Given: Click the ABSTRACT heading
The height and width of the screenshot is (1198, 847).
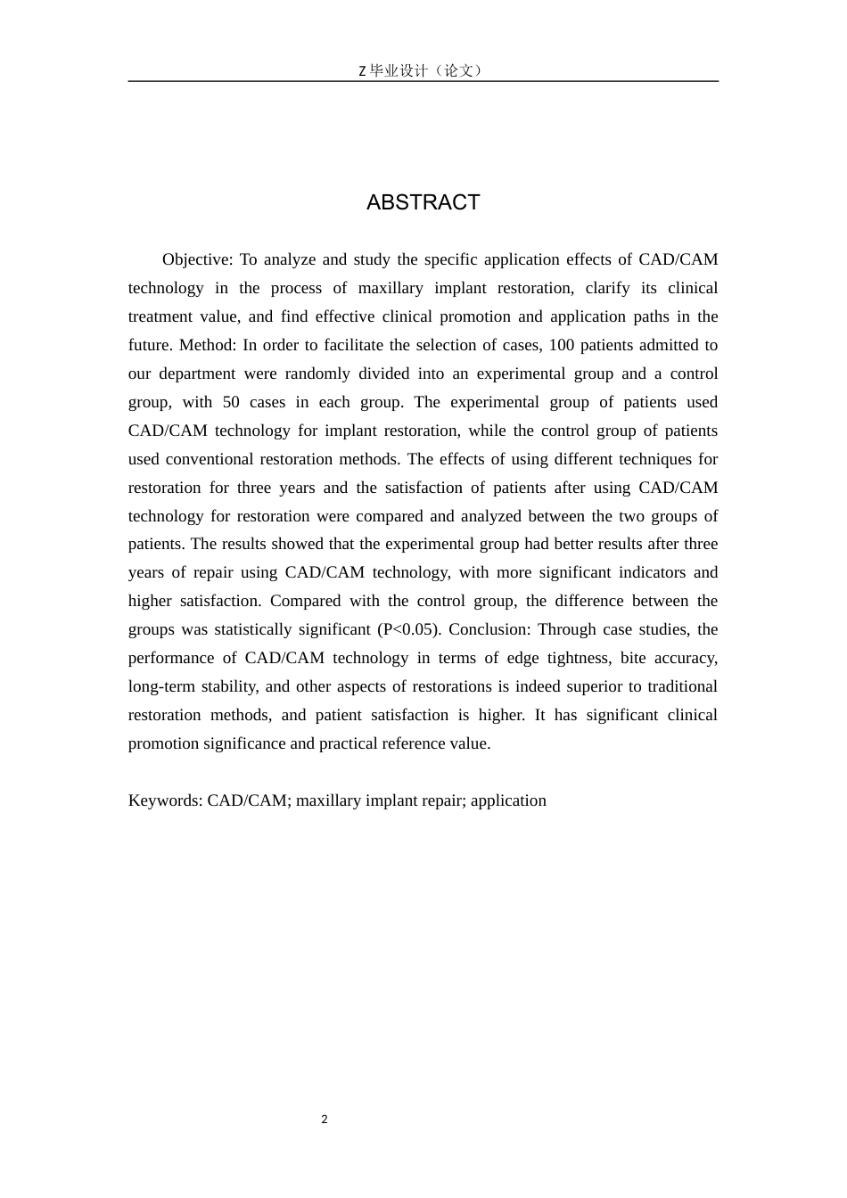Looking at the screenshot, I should pos(423,202).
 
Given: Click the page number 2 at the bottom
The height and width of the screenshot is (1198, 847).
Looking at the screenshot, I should pos(325,1120).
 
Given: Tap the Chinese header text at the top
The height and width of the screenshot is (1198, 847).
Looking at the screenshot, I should pos(423,70).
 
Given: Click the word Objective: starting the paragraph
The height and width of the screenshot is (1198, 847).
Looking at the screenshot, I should pos(197,259).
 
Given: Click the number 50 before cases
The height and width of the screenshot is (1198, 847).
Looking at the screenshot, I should pos(232,402).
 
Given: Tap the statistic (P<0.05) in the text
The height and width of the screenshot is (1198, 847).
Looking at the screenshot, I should pos(409,629).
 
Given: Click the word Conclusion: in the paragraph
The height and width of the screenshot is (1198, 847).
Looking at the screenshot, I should pos(489,629).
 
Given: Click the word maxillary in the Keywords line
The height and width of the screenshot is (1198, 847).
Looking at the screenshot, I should pos(331,800).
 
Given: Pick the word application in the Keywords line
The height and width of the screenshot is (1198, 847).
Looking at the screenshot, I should pos(508,800).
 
